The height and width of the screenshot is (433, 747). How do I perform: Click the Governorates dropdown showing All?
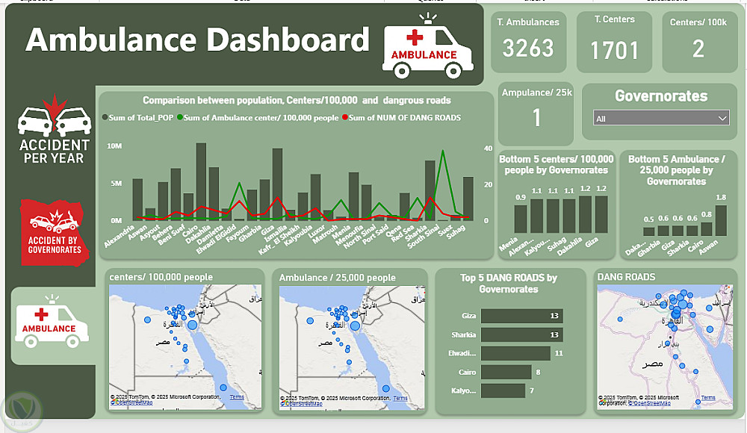point(660,119)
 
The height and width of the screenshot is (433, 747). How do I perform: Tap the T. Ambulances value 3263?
point(528,49)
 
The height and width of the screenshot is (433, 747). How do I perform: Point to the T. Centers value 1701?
point(615,51)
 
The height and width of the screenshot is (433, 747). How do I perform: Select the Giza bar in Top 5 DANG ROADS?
point(521,316)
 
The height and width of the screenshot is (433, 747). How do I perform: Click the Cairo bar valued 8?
point(506,372)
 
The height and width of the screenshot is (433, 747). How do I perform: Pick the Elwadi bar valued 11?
point(515,353)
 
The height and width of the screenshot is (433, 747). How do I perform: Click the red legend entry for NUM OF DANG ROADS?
point(401,117)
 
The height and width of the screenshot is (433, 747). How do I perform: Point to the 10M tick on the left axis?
point(115,146)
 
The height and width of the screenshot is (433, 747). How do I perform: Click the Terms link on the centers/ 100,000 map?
point(237,397)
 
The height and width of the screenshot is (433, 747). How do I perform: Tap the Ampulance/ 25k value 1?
point(536,118)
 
